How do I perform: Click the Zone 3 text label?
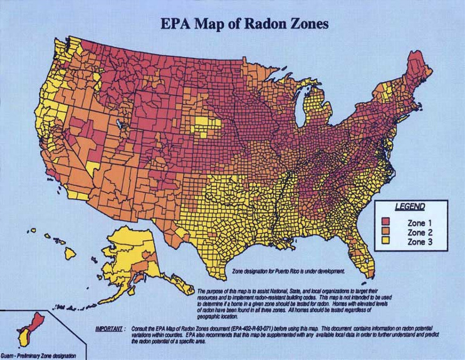point(420,241)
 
